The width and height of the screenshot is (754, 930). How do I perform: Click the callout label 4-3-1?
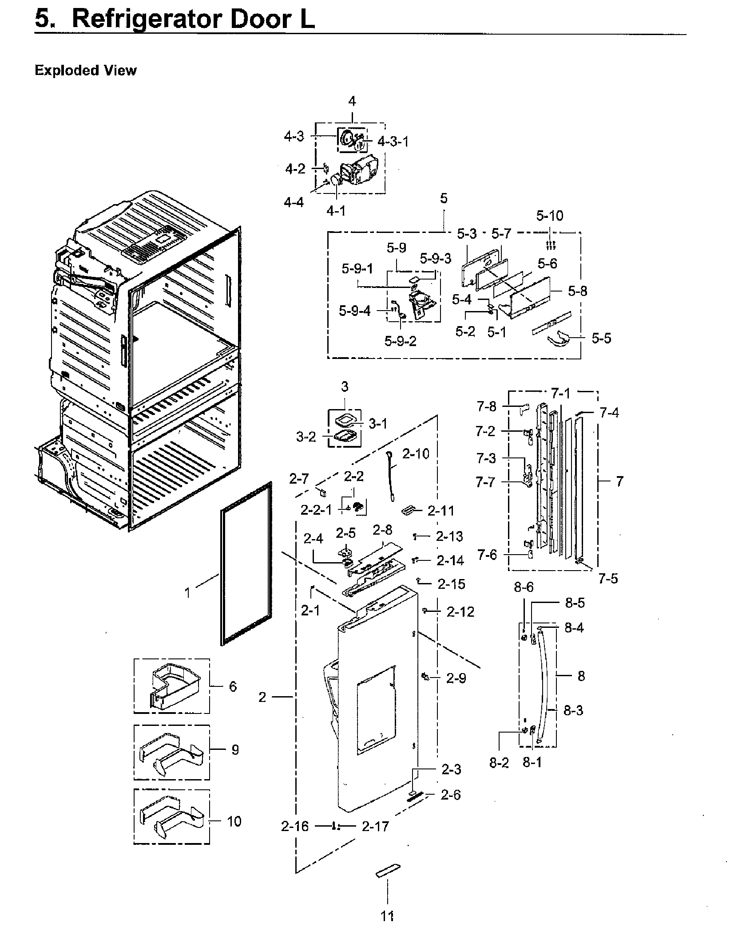[x=393, y=142]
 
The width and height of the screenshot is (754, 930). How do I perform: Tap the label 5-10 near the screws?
[x=549, y=216]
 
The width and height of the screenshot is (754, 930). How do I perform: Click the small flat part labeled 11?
[x=388, y=871]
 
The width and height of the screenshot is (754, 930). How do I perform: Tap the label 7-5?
[x=608, y=579]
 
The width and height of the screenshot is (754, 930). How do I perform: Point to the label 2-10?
[x=416, y=454]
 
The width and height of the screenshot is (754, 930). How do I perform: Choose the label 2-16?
[x=294, y=827]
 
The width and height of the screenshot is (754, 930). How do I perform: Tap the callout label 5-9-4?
[x=354, y=311]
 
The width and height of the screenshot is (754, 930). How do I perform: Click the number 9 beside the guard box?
[x=235, y=750]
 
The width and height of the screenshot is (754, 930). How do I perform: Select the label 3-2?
[x=306, y=437]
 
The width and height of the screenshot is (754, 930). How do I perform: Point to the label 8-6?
[x=524, y=587]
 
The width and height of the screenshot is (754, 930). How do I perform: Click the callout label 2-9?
[x=456, y=678]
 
